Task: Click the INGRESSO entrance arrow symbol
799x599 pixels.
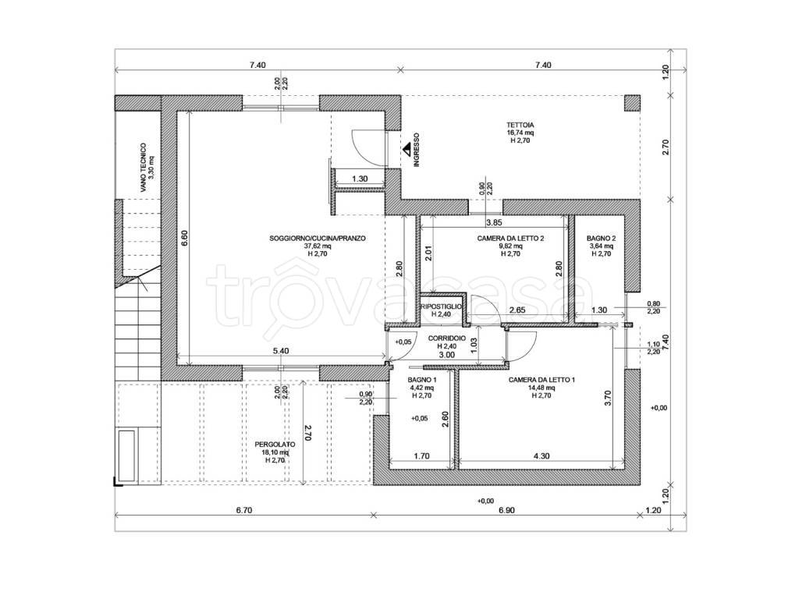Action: (407, 149)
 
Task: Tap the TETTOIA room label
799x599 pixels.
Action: (520, 125)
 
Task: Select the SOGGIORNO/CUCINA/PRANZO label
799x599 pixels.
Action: (318, 239)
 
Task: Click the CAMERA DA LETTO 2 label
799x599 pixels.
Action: (510, 239)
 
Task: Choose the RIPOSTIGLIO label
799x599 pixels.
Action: (442, 307)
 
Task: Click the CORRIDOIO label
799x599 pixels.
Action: (447, 338)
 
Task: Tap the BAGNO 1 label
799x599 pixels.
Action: (422, 380)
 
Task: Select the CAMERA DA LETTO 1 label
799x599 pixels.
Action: (542, 380)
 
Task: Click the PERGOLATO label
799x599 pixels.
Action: (275, 445)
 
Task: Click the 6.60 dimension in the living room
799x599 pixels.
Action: (184, 239)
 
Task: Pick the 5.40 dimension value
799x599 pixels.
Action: (281, 351)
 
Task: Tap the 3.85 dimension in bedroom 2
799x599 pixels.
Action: (494, 222)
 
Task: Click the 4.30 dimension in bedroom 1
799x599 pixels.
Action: (542, 456)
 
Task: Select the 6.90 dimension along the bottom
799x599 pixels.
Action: (506, 510)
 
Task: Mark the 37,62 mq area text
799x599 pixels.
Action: (318, 246)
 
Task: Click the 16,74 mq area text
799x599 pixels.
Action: (520, 133)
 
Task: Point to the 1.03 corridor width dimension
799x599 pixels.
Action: (472, 346)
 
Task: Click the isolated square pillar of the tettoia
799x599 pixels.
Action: (632, 104)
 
